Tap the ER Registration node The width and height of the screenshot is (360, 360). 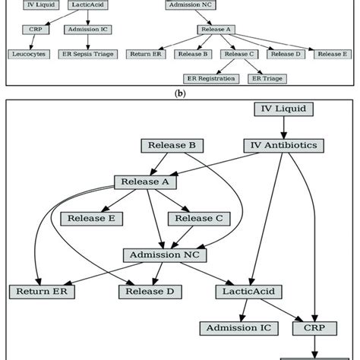pos(210,78)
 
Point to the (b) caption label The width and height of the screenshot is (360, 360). pos(180,93)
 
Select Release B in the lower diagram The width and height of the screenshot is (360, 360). pos(172,144)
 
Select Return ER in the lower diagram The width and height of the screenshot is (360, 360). pos(38,290)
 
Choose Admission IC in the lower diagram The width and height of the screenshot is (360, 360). pos(239,327)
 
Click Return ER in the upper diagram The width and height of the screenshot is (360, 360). pos(145,54)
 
